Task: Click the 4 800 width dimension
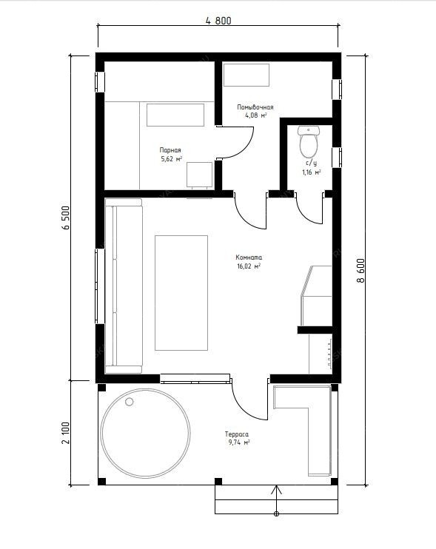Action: (218, 21)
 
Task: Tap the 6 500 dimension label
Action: (66, 218)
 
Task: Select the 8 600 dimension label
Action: (360, 270)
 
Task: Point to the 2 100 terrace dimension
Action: (66, 433)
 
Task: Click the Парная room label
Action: (170, 150)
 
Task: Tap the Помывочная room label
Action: (255, 107)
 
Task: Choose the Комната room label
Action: (249, 257)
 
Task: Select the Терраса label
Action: (237, 434)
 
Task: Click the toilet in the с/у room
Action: (309, 141)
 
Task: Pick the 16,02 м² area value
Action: (249, 266)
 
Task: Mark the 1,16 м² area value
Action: (312, 172)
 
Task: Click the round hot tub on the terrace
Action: (146, 433)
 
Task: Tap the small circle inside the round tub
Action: (130, 402)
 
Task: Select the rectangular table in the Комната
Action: (181, 293)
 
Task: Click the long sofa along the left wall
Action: (124, 286)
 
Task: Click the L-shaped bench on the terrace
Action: (302, 431)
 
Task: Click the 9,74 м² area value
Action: (239, 442)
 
